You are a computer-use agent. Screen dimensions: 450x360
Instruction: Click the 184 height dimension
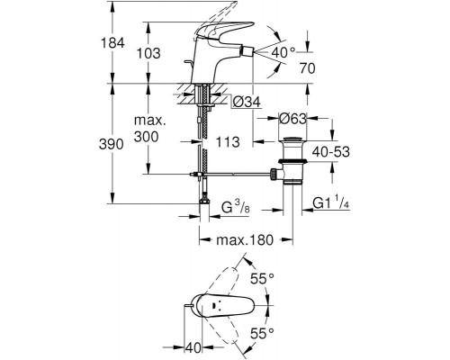[112, 43]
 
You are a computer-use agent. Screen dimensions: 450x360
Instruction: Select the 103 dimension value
[148, 53]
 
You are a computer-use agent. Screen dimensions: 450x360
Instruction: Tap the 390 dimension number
[112, 145]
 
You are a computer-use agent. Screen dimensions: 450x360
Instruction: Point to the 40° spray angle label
[283, 53]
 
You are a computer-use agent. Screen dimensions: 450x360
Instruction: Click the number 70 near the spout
[308, 68]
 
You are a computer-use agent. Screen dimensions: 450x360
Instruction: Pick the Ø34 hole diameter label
[247, 103]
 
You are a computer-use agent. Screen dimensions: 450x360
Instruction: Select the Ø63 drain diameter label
[292, 119]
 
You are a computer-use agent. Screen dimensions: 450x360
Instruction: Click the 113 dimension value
[228, 141]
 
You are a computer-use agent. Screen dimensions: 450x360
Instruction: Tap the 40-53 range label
[331, 152]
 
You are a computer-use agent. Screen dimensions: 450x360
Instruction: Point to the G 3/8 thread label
[236, 207]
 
